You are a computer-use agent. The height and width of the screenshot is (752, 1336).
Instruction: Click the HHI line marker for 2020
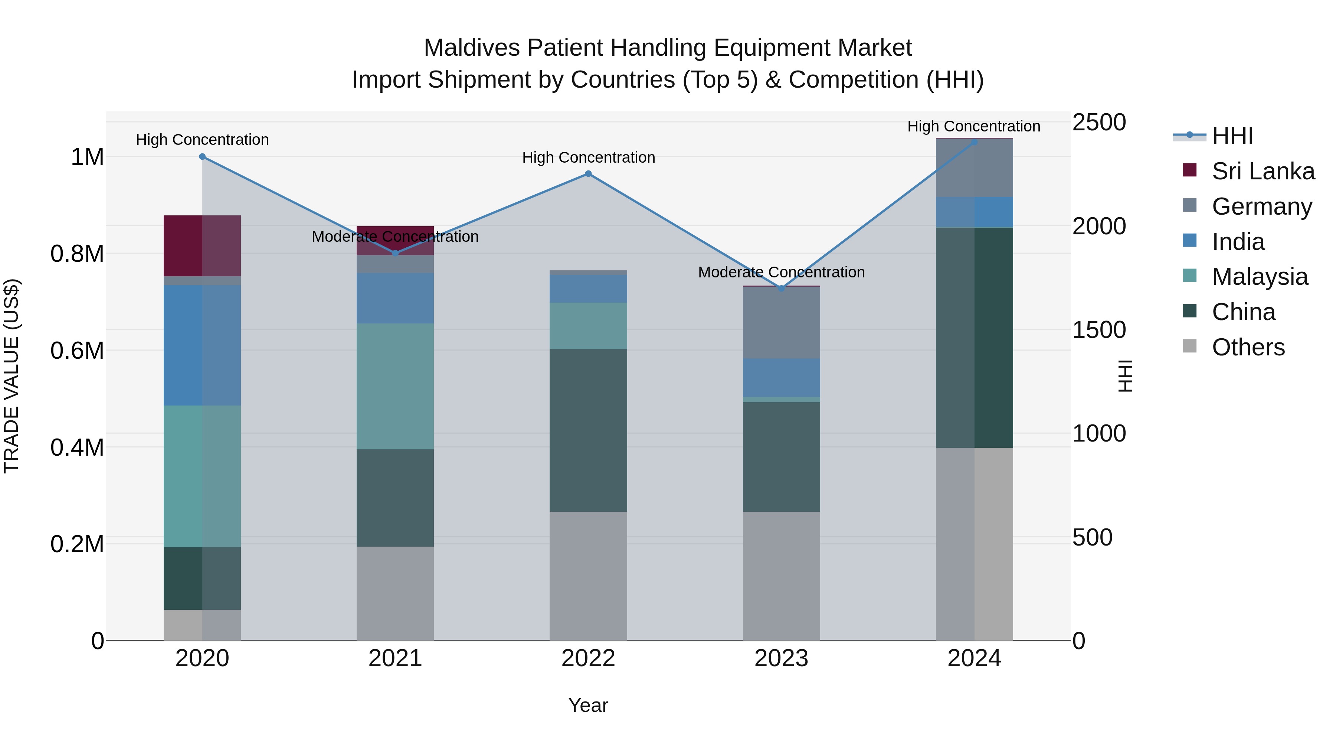(x=202, y=157)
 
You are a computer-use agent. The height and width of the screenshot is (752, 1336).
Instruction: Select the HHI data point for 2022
(x=588, y=174)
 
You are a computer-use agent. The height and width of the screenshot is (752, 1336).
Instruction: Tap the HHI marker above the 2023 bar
(x=782, y=288)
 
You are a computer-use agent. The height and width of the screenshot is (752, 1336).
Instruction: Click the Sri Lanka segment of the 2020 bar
(x=202, y=245)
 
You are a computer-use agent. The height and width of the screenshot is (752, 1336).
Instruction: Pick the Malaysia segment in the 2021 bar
(x=395, y=386)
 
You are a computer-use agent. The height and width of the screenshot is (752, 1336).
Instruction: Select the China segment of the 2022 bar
(x=588, y=430)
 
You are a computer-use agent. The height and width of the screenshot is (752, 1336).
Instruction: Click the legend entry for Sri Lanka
(x=1263, y=171)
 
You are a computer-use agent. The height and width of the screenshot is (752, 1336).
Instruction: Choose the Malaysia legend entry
(x=1259, y=277)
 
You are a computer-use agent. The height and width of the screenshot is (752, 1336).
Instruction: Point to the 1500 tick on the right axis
(x=1098, y=330)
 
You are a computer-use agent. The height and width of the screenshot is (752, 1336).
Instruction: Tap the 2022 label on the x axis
(x=588, y=658)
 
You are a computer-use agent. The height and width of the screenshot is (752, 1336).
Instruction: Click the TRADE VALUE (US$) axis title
(x=12, y=376)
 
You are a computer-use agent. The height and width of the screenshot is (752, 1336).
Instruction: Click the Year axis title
(x=588, y=705)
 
